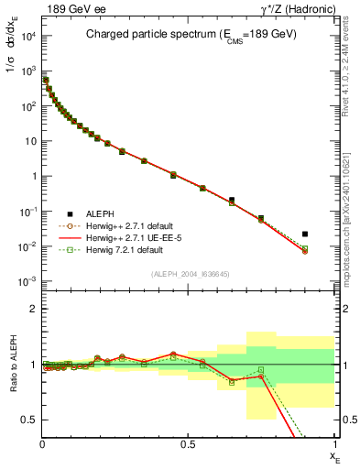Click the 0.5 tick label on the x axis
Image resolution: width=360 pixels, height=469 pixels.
pyautogui.click(x=189, y=443)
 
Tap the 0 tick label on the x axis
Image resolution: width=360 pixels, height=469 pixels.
pyautogui.click(x=42, y=443)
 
